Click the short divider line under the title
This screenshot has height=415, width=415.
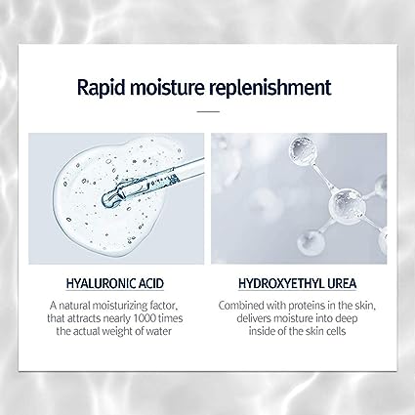click(x=208, y=111)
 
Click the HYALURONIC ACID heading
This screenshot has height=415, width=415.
click(x=115, y=283)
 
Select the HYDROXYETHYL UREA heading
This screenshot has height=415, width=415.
click(x=298, y=283)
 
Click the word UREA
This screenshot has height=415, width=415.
click(x=342, y=283)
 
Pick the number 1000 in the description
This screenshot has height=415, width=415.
click(x=145, y=318)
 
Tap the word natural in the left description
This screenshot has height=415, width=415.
click(x=74, y=306)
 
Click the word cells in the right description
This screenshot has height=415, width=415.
click(x=334, y=331)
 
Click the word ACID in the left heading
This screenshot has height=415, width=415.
click(x=151, y=283)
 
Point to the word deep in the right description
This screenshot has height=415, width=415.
click(x=347, y=319)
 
